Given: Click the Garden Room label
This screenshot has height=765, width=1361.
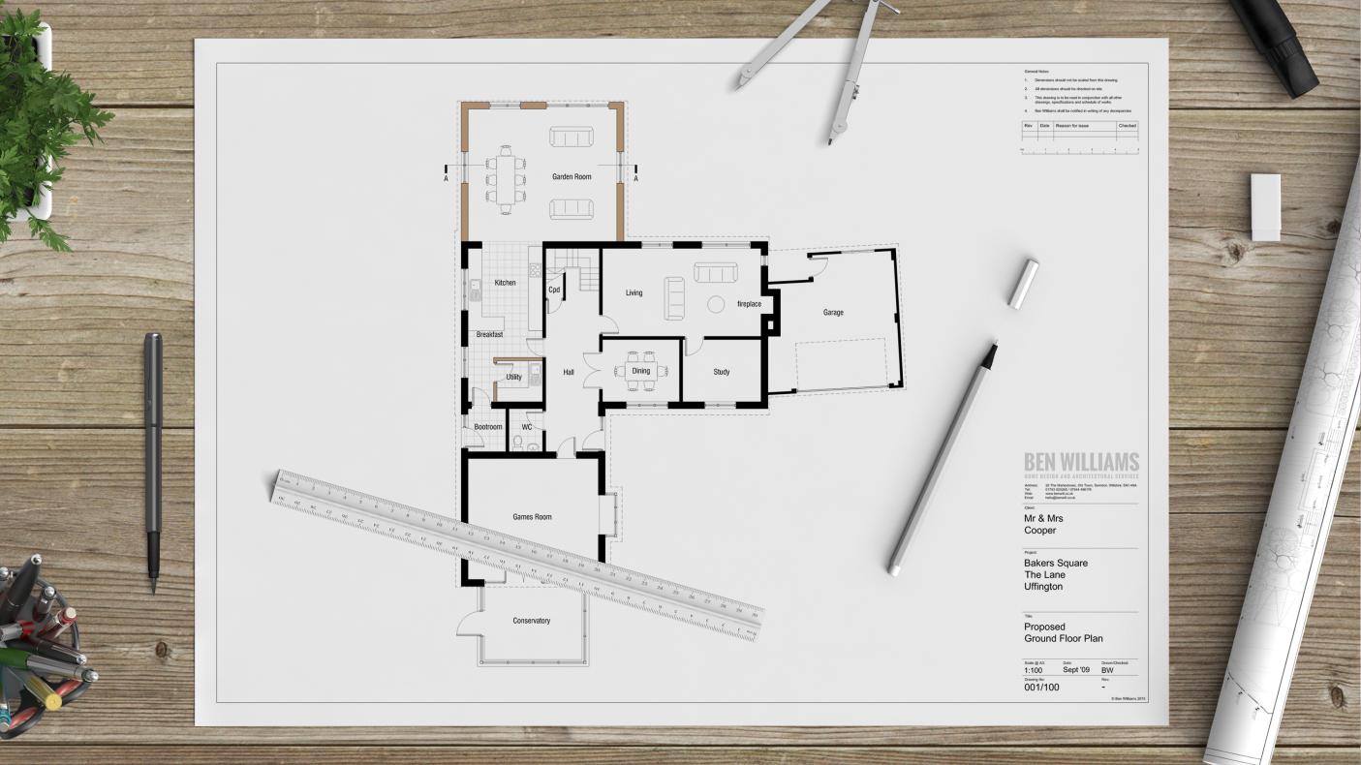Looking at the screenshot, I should (572, 177).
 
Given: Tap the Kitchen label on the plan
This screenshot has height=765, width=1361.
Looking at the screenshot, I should (505, 283).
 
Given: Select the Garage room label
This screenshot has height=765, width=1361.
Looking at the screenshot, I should (833, 313).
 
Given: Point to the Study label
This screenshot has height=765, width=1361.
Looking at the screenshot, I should (722, 372).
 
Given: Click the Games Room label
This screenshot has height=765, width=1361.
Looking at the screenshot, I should (532, 517).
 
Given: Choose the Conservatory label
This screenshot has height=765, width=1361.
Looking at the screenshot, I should (531, 621).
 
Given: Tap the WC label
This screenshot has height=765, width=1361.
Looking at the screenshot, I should (527, 427).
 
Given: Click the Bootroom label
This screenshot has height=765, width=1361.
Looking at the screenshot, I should (487, 427).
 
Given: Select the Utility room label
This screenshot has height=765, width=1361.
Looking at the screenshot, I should (513, 377).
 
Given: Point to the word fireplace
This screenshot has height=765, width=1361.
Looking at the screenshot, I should (749, 304).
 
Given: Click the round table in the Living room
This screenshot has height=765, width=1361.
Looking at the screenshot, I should (716, 304).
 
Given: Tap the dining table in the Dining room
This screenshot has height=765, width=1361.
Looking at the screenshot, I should (641, 371).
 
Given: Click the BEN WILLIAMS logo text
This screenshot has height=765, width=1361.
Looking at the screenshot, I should (1081, 462).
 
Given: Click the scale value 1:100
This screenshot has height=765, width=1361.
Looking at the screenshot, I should (1034, 669).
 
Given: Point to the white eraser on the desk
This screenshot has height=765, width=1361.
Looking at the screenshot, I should (1265, 206).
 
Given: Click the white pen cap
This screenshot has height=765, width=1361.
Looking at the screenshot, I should (1022, 284).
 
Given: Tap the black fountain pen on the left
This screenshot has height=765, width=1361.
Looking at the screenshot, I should (153, 455).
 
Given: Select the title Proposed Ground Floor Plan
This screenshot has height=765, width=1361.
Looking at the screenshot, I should (1063, 632).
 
